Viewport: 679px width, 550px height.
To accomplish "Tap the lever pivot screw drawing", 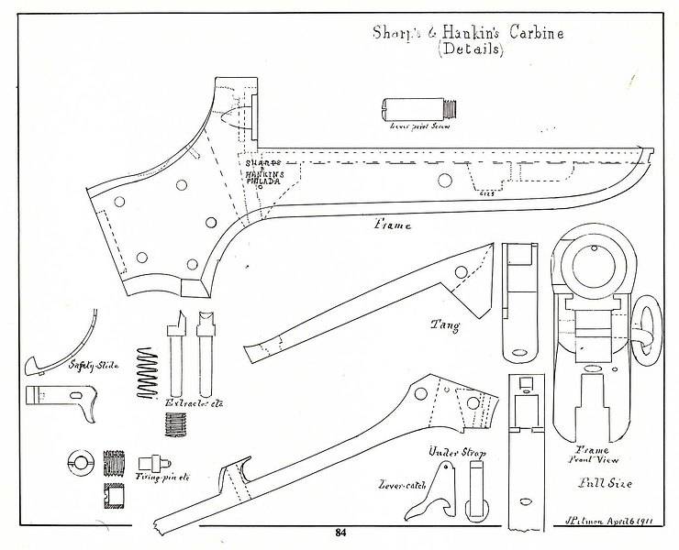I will [x=417, y=111].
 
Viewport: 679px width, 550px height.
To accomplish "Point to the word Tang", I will [x=446, y=324].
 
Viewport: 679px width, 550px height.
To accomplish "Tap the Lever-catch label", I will [x=401, y=483].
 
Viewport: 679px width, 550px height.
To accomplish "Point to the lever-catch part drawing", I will [x=443, y=489].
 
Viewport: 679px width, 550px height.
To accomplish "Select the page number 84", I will [x=339, y=533].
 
